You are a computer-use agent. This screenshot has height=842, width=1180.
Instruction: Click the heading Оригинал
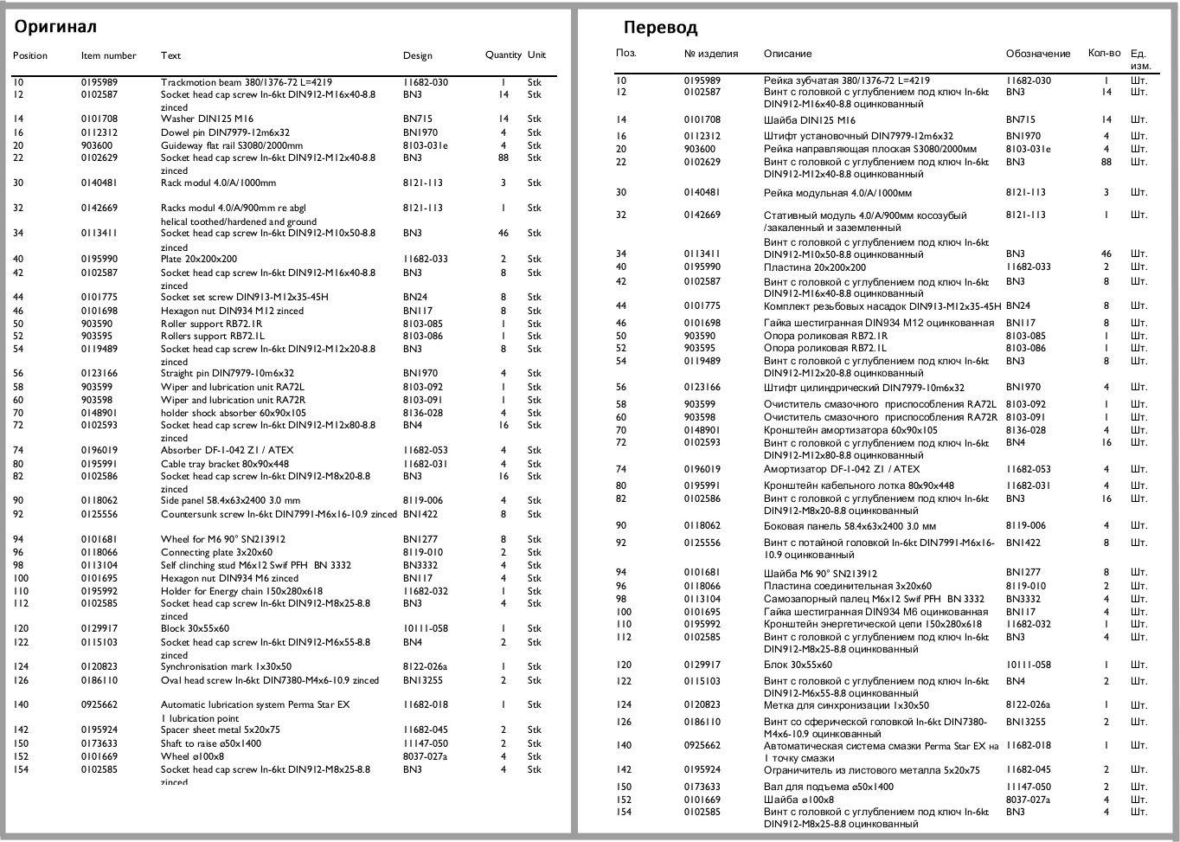pyautogui.click(x=55, y=27)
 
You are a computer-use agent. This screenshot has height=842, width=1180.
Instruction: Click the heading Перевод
pyautogui.click(x=660, y=28)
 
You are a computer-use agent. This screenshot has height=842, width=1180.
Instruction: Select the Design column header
pyautogui.click(x=417, y=55)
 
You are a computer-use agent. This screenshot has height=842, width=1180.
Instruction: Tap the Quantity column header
pyautogui.click(x=503, y=55)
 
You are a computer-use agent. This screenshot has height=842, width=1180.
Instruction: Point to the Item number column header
pyautogui.click(x=108, y=55)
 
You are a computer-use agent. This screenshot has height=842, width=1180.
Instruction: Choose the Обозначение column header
pyautogui.click(x=1037, y=54)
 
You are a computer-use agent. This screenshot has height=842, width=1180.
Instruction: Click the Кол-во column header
pyautogui.click(x=1104, y=53)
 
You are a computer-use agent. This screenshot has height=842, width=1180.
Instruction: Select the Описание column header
pyautogui.click(x=787, y=54)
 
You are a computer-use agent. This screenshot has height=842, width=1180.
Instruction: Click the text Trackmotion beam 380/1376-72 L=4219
pyautogui.click(x=246, y=82)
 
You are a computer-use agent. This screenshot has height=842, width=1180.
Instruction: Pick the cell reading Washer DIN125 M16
pyautogui.click(x=207, y=119)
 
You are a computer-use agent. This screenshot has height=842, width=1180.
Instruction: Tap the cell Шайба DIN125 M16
pyautogui.click(x=809, y=120)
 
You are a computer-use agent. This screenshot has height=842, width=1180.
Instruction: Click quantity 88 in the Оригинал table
pyautogui.click(x=503, y=157)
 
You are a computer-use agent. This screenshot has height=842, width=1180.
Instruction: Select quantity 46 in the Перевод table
pyautogui.click(x=1106, y=254)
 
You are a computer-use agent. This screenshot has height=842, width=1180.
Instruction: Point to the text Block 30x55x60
pyautogui.click(x=195, y=628)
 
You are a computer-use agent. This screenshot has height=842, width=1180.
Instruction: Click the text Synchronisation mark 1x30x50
pyautogui.click(x=226, y=666)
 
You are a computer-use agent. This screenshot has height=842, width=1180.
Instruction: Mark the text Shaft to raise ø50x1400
pyautogui.click(x=211, y=743)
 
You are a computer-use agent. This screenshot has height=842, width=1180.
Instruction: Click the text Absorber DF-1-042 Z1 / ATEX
pyautogui.click(x=227, y=450)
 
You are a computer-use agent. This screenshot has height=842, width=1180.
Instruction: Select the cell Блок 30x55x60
pyautogui.click(x=798, y=665)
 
